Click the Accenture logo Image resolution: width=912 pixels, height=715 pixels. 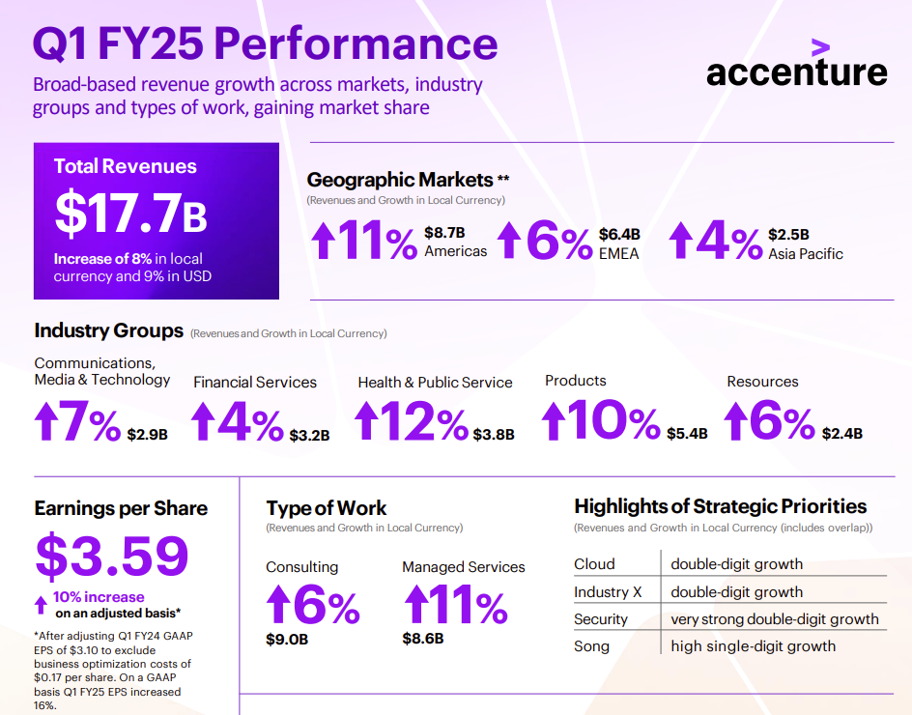796,68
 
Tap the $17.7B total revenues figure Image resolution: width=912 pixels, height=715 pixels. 131,214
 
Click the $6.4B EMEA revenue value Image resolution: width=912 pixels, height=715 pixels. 619,235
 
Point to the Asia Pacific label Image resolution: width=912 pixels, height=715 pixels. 806,254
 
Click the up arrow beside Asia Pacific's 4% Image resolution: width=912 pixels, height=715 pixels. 681,241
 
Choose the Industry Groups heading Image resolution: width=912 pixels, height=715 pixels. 108,330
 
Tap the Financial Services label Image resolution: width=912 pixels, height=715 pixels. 255,382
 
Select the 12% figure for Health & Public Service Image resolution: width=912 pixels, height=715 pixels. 411,422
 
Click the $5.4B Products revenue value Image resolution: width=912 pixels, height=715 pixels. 687,434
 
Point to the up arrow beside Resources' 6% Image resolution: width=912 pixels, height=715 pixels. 736,422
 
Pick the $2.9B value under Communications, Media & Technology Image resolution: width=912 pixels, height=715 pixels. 147,435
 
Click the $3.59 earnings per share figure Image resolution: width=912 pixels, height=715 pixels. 112,556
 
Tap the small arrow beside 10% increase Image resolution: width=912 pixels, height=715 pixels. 41,605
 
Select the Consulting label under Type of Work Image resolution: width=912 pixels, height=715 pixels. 302,567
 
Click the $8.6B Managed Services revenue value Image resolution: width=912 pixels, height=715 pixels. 423,638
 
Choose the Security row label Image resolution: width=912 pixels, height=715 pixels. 601,619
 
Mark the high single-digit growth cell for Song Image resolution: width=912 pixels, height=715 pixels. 754,646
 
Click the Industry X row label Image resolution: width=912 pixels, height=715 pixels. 608,592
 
